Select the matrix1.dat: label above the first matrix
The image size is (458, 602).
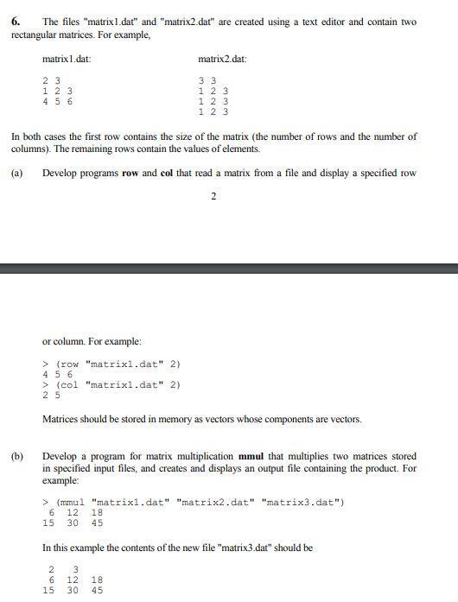67,59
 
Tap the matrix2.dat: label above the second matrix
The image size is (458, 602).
223,59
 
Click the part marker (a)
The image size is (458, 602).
17,173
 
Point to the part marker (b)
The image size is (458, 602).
17,455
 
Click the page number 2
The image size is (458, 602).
213,196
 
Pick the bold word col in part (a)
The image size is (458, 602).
168,173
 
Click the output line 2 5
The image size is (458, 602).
51,395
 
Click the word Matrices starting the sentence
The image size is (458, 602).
61,420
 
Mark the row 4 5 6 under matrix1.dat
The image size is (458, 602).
58,101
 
